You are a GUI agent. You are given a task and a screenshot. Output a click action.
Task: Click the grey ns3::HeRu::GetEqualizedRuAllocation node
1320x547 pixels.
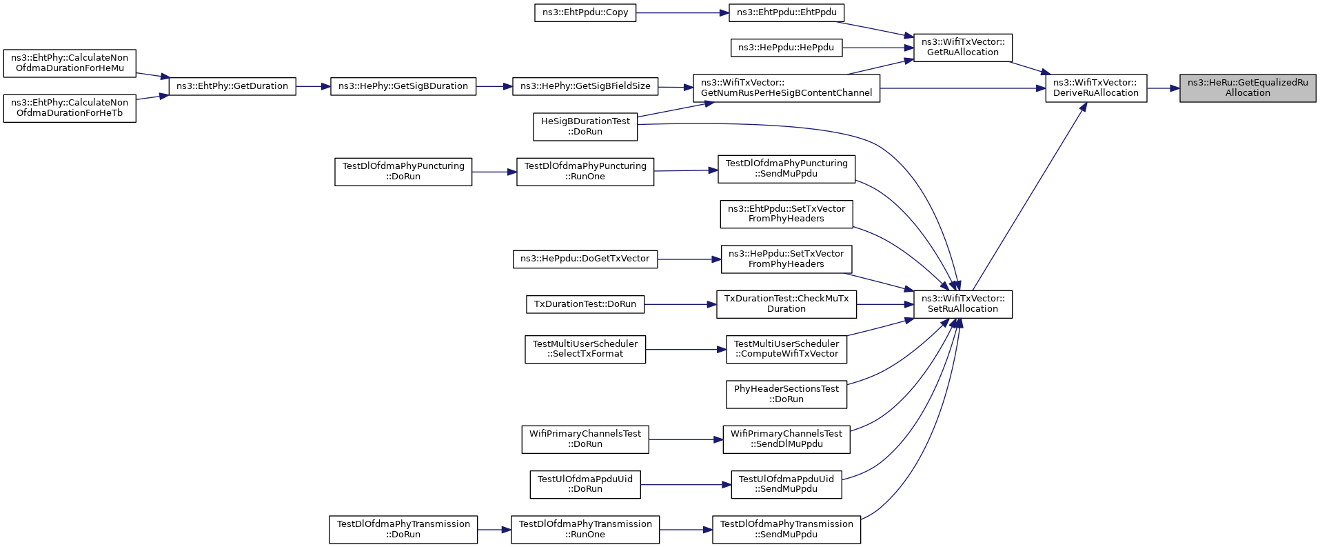pos(1248,88)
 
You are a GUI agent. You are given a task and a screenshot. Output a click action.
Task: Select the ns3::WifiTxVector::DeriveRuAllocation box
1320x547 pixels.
pos(1096,88)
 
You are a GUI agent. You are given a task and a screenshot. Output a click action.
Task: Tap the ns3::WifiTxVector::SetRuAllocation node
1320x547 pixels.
pos(963,304)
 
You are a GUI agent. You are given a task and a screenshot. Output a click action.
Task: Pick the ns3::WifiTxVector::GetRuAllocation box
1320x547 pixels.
pos(963,48)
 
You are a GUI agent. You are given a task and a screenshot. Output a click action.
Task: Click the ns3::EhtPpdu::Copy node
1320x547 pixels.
pos(585,13)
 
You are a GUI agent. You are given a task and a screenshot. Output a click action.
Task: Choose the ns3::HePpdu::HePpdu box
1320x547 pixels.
pos(786,48)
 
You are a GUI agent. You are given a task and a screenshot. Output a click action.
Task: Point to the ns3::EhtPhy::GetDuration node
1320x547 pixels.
pos(232,87)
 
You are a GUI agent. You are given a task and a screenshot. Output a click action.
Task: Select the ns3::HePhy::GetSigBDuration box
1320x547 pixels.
pos(403,87)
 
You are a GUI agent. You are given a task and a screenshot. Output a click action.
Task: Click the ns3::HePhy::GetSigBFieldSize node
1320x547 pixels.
pos(585,87)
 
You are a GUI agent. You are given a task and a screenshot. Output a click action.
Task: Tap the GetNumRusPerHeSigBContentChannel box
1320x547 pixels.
pos(786,88)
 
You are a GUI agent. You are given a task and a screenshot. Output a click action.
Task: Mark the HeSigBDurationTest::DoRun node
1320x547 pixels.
pos(585,127)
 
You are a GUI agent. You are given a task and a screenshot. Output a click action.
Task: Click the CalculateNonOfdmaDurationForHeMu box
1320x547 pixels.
pos(70,63)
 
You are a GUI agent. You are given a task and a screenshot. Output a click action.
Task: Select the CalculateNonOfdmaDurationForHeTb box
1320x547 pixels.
pos(70,108)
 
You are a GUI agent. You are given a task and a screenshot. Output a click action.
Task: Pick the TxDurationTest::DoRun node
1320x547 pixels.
pos(585,304)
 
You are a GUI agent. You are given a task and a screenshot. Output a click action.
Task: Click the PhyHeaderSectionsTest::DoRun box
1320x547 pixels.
pos(786,395)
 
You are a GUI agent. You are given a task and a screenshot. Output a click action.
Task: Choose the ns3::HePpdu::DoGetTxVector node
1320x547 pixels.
pos(585,259)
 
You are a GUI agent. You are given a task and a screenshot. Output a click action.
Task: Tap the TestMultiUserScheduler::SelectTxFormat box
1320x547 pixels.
pos(585,349)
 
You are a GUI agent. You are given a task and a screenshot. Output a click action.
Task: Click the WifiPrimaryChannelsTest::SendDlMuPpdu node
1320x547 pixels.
pos(786,439)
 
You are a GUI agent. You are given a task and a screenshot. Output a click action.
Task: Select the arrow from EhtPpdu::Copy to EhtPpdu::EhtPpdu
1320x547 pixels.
pos(682,13)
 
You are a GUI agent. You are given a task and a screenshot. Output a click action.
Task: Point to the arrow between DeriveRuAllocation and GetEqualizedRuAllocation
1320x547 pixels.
pos(1164,88)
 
